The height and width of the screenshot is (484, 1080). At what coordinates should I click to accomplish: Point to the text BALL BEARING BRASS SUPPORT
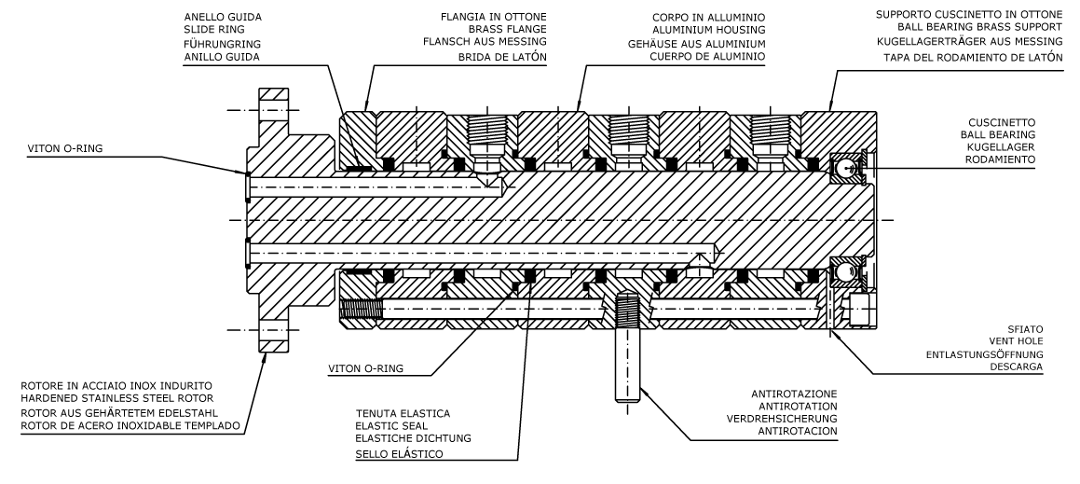967,30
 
